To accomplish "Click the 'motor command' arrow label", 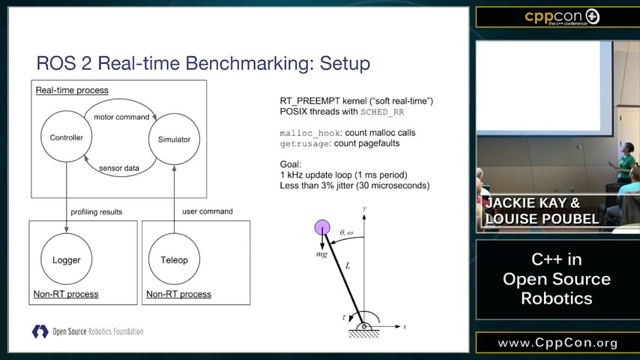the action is [121, 117].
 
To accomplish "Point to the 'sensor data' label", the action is [119, 168].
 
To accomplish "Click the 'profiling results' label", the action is [97, 211].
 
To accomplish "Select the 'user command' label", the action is [208, 211].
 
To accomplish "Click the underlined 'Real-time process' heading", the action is [72, 90].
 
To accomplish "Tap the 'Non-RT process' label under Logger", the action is [66, 294].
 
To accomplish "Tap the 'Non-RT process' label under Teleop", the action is [179, 294].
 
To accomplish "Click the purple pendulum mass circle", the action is [322, 227].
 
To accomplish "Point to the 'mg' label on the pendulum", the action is [321, 254].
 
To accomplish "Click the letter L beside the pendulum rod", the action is [348, 265].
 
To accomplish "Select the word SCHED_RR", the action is [382, 112].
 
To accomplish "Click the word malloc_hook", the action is [310, 133].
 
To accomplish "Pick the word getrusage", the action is [304, 144].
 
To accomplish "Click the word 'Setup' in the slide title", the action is [345, 63].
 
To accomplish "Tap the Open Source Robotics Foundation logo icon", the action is [40, 331].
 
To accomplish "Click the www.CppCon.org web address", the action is [558, 343].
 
